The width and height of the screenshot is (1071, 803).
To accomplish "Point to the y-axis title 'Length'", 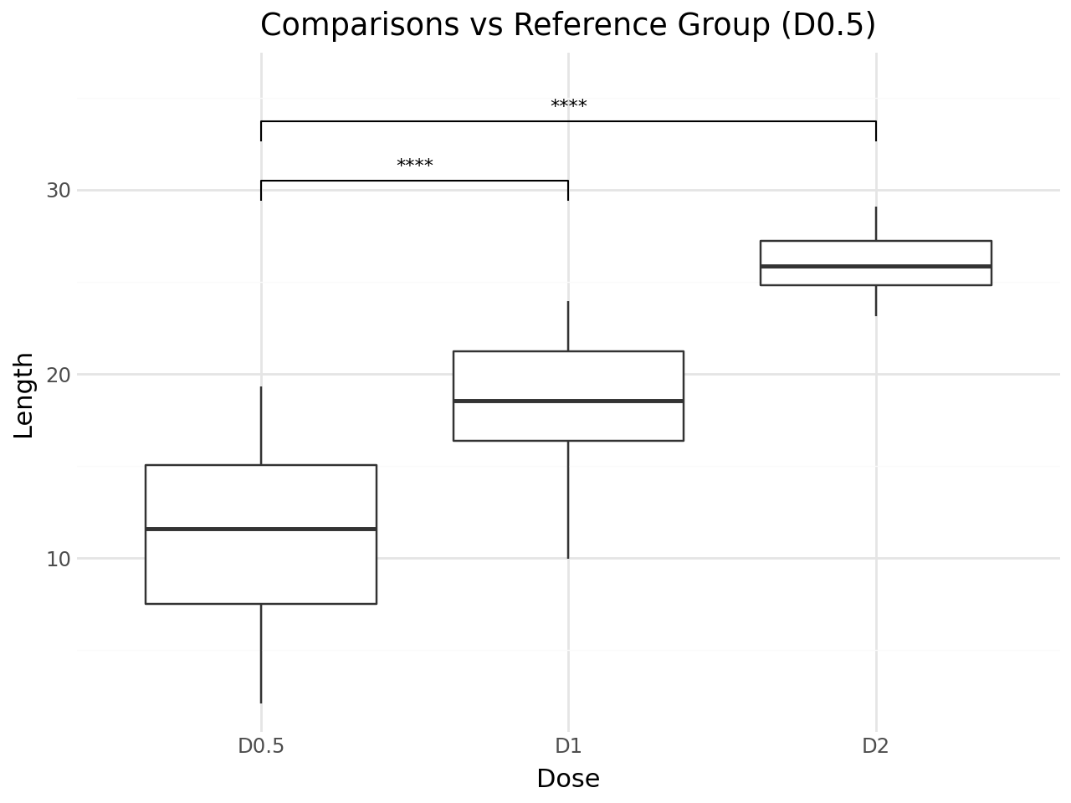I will pos(24,395).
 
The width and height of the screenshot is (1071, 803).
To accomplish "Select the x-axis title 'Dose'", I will pos(567,779).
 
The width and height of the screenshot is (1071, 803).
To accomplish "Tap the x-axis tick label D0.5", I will pos(261,745).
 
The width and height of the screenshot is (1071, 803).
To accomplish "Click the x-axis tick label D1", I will pos(568,745).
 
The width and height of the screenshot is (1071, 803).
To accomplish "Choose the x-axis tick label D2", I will pos(875,745).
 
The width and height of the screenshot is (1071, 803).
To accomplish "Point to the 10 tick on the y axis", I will pos(59,559).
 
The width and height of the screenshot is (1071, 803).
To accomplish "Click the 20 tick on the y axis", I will pos(59,375).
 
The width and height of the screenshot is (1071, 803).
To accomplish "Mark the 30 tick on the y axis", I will pos(59,191).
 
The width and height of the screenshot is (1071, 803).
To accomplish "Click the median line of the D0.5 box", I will pos(261,529).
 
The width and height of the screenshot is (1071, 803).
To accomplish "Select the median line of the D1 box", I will pos(568,401).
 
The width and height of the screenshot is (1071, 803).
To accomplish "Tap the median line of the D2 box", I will pos(875,266).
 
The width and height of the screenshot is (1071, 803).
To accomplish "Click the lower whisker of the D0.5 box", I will pos(261,652).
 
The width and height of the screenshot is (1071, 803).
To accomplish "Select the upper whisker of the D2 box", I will pos(875,223).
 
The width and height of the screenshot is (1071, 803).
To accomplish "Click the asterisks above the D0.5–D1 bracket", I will pos(415,165).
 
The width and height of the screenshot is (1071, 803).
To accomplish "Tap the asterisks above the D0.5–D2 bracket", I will pos(568,105).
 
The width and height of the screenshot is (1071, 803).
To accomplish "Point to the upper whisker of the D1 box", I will pos(568,326).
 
